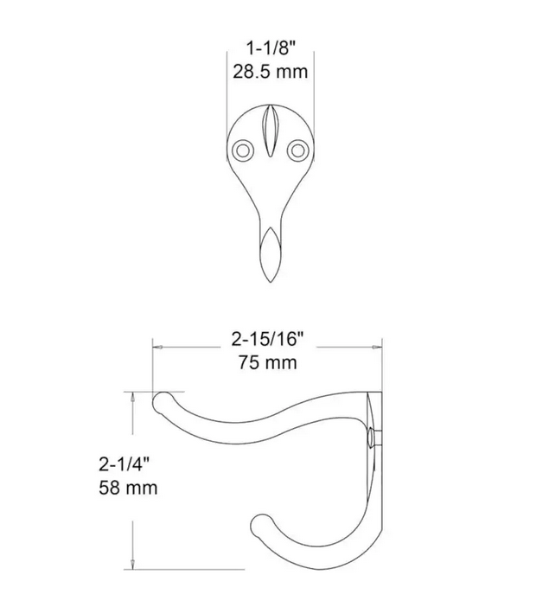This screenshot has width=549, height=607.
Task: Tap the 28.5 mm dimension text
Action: pyautogui.click(x=269, y=72)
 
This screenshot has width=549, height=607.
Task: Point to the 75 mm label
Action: pyautogui.click(x=267, y=361)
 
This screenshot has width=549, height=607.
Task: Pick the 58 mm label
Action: pyautogui.click(x=126, y=488)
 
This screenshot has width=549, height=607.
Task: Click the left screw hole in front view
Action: pyautogui.click(x=242, y=150)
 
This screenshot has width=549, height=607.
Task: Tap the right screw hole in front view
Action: pyautogui.click(x=298, y=150)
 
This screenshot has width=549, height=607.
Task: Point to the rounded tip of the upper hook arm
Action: pyautogui.click(x=162, y=402)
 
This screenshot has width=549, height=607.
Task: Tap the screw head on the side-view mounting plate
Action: pyautogui.click(x=372, y=438)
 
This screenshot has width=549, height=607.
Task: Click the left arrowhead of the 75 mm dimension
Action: pyautogui.click(x=156, y=348)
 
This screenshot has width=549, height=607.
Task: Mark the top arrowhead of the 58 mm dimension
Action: pyautogui.click(x=131, y=396)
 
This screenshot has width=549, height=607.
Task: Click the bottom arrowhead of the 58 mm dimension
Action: pyautogui.click(x=131, y=565)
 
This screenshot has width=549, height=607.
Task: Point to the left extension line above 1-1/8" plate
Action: pyautogui.click(x=227, y=95)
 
